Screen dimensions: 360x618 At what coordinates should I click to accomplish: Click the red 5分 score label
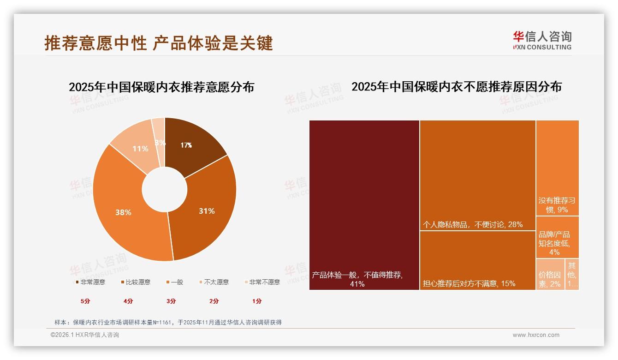(x=85, y=301)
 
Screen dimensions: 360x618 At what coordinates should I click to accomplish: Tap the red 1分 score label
(x=257, y=301)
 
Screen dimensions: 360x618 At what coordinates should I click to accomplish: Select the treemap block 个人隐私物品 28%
(x=477, y=175)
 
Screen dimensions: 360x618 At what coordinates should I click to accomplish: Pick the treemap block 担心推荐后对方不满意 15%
(x=477, y=261)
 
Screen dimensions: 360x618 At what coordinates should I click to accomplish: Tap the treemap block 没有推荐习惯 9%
(x=557, y=168)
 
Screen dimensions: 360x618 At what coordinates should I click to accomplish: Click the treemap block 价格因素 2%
(x=550, y=275)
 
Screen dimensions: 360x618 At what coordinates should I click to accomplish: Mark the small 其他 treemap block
(x=572, y=275)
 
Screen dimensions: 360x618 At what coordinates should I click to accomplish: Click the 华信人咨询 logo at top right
(x=542, y=40)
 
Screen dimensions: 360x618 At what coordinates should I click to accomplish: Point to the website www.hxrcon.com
(x=536, y=335)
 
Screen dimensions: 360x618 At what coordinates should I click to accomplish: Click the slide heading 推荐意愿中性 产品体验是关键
(x=159, y=43)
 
